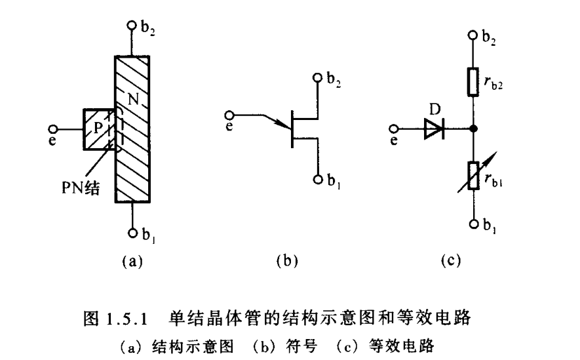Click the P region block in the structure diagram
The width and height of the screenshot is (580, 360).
pyautogui.click(x=98, y=130)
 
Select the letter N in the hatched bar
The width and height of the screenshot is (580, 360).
pyautogui.click(x=132, y=101)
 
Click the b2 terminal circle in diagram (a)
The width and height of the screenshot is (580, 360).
pyautogui.click(x=131, y=26)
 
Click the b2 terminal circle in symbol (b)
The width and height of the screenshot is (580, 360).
pyautogui.click(x=319, y=79)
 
